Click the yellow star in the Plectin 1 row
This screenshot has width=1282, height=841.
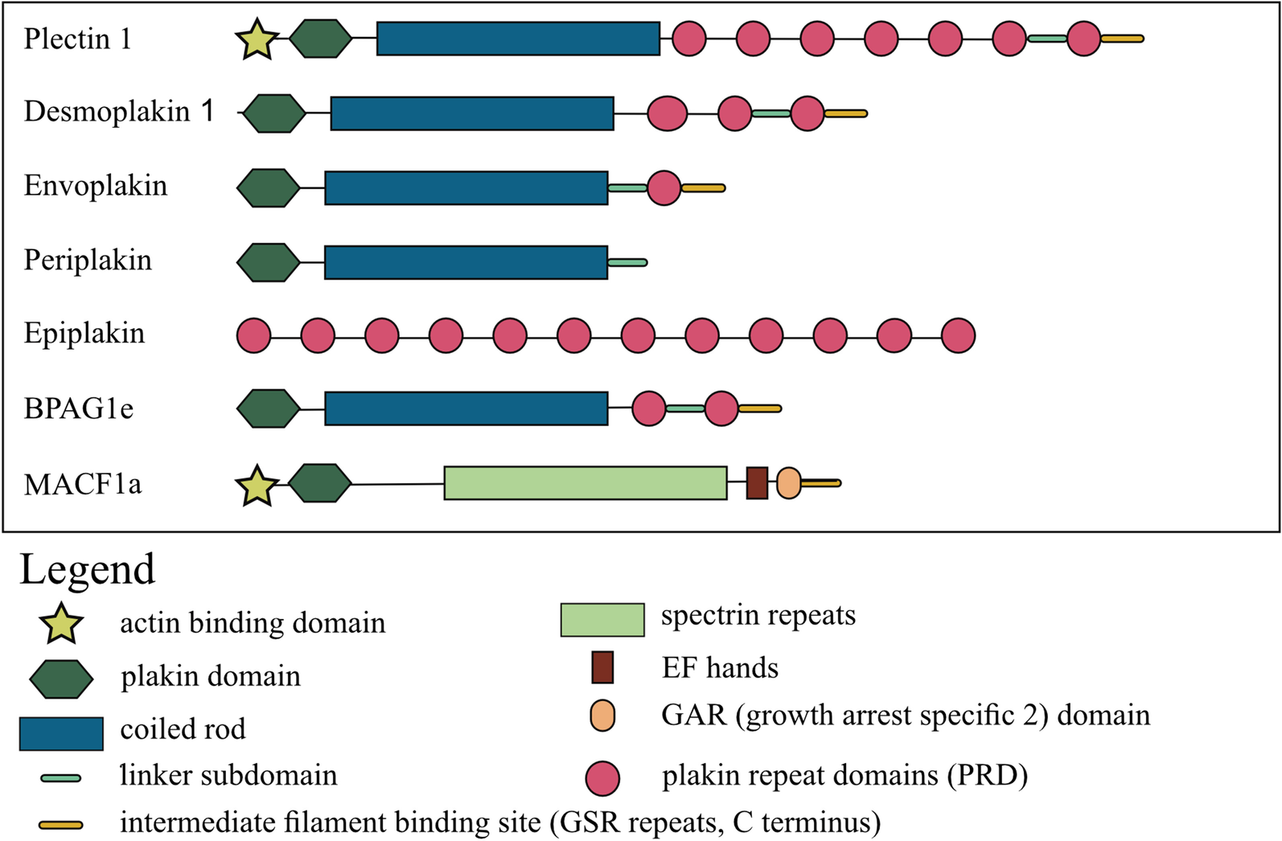[257, 41]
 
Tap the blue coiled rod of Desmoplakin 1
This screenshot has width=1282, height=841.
[472, 113]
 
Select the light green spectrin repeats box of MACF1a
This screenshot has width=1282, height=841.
[586, 483]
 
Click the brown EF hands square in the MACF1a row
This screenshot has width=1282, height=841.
[757, 483]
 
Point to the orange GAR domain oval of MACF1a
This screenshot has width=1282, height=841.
[789, 483]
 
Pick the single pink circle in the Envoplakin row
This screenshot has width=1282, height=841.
[664, 188]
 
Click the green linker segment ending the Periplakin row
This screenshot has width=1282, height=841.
[627, 262]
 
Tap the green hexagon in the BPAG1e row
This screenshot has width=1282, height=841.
[269, 408]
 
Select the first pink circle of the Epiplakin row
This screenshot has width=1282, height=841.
[254, 335]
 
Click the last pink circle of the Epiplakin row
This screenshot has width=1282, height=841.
[958, 335]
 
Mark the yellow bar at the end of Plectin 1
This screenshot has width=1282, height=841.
[1122, 39]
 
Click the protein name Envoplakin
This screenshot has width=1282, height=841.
[96, 187]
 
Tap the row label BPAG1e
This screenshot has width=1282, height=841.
[79, 408]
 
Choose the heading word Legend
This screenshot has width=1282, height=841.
[87, 569]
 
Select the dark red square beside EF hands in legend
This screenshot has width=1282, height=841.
[602, 667]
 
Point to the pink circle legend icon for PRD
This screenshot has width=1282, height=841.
[602, 778]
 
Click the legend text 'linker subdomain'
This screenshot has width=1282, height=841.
[228, 775]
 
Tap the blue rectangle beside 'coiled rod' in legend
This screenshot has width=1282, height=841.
[61, 733]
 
